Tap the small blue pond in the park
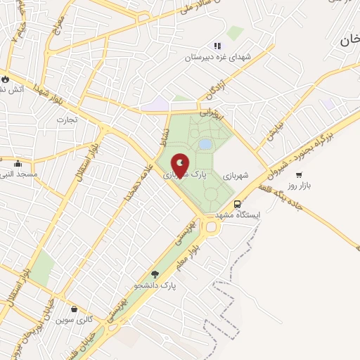205,144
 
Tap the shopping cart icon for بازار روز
299,174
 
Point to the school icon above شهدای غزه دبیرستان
217,46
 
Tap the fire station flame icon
6,79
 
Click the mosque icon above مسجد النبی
18,163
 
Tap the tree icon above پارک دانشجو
155,275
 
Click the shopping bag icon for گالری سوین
74,308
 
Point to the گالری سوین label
75,319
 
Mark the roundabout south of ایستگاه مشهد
210,227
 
